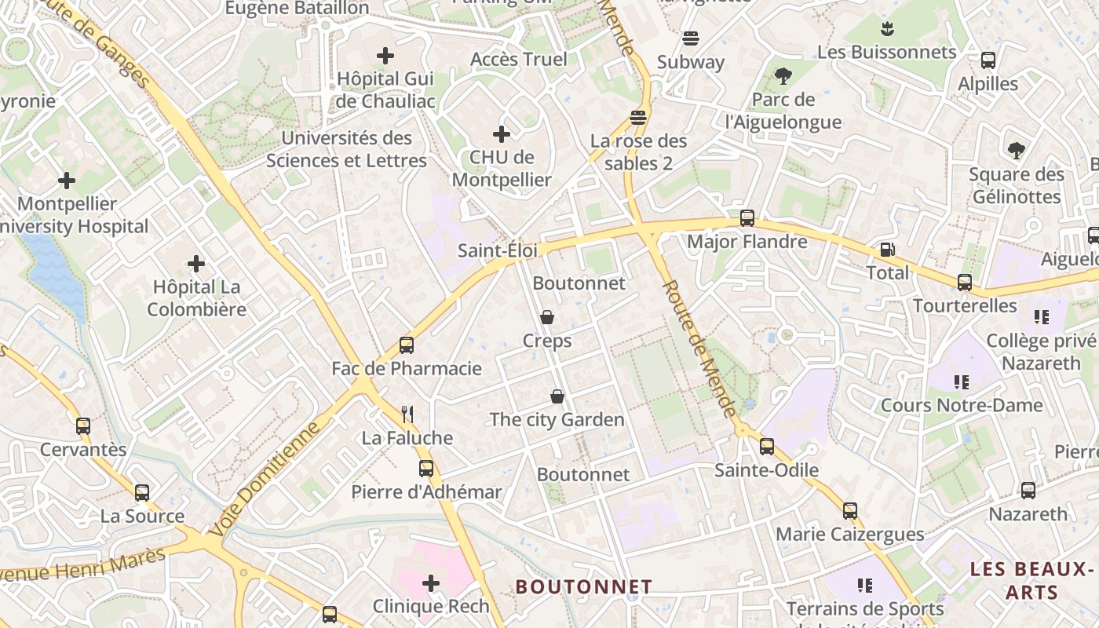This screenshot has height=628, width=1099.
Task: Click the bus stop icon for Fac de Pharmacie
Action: (x=406, y=345)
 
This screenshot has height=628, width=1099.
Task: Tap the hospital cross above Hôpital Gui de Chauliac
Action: (x=385, y=56)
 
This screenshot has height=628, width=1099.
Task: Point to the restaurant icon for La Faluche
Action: (x=407, y=414)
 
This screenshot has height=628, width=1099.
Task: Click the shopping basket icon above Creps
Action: (x=547, y=317)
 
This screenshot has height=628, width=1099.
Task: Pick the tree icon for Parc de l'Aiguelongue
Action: (x=783, y=76)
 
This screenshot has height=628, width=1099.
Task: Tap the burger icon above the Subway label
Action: (x=691, y=38)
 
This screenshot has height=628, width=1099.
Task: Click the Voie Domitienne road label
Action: (x=266, y=479)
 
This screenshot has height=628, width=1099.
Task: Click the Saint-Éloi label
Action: (x=498, y=250)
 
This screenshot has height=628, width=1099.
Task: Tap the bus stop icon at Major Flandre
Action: (x=747, y=218)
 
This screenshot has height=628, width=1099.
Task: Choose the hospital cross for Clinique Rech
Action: (x=431, y=582)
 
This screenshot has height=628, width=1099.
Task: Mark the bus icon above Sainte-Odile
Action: (x=767, y=447)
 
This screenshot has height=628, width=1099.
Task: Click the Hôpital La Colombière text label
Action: (x=196, y=298)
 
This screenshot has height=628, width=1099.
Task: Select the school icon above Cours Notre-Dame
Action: (x=962, y=382)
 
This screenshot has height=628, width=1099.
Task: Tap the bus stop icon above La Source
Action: (x=142, y=493)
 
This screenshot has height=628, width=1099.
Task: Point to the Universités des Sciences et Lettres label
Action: (x=346, y=149)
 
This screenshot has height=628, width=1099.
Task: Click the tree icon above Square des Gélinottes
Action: (x=1016, y=150)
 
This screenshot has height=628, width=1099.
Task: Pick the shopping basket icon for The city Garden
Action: (x=557, y=396)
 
